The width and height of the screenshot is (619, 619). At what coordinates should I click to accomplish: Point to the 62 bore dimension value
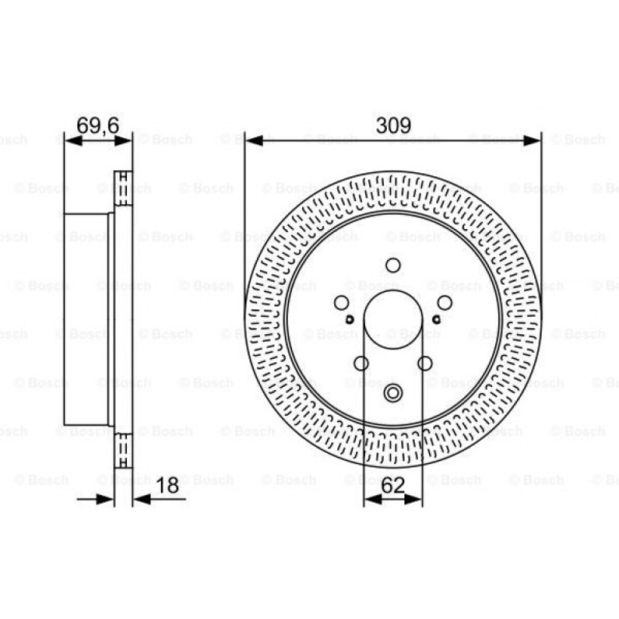(392, 486)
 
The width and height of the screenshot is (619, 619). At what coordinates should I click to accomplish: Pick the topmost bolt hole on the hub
(392, 265)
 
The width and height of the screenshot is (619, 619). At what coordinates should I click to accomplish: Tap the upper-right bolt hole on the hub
(444, 302)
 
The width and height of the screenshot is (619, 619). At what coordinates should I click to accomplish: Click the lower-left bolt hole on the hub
(361, 363)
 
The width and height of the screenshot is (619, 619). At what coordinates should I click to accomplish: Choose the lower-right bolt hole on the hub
(425, 363)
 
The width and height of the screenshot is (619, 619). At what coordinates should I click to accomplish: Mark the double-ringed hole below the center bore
(392, 392)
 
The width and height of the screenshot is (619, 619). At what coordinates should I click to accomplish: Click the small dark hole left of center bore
(349, 319)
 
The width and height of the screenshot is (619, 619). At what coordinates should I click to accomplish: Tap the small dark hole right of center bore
(436, 319)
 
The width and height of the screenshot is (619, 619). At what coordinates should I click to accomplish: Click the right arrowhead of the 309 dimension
(532, 141)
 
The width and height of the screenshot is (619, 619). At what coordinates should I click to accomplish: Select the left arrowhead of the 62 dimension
(370, 499)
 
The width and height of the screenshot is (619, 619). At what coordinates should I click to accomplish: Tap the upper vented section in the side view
(123, 188)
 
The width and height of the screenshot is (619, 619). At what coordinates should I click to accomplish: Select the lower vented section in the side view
(123, 451)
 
